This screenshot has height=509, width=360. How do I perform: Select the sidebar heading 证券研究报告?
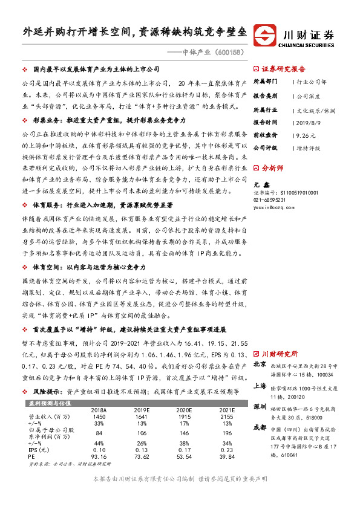(287, 69)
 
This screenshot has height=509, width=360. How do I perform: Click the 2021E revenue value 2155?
(224, 400)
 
